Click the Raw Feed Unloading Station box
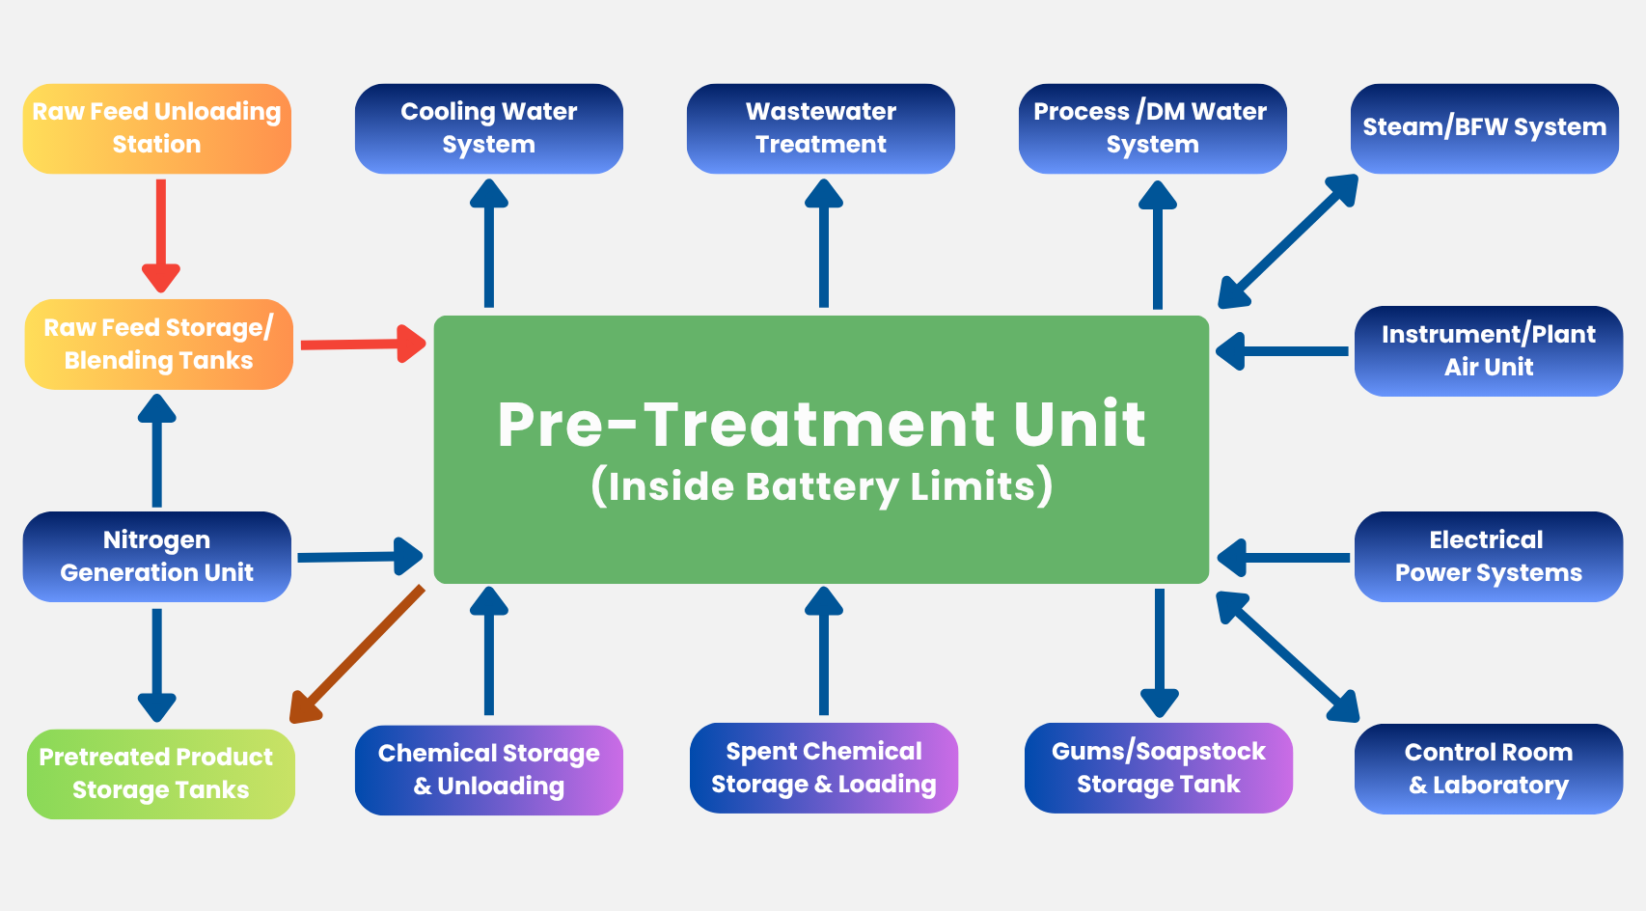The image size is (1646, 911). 156,128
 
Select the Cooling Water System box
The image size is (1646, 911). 488,128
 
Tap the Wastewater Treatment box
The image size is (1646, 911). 820,128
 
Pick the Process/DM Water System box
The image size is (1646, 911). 1152,128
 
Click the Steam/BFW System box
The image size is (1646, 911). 1484,128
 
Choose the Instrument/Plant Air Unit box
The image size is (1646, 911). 1488,351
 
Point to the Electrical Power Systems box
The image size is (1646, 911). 1488,557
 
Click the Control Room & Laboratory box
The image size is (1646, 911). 1488,769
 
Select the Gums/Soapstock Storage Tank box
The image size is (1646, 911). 1158,768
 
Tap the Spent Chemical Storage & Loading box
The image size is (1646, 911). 823,768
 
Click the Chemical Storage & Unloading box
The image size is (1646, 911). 488,770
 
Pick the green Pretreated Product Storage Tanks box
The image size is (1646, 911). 160,774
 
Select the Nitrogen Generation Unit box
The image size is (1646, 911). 156,557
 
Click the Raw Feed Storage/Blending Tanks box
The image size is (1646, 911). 158,345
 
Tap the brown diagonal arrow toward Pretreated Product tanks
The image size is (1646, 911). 357,654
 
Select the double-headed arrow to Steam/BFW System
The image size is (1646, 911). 1288,241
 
